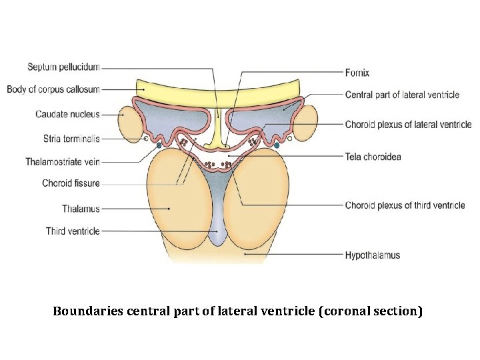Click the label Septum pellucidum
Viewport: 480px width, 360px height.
point(63,67)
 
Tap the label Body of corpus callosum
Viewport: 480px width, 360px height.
point(53,89)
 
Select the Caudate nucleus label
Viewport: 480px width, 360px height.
point(67,114)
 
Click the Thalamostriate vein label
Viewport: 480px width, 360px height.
point(63,162)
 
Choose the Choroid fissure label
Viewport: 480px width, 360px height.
point(71,183)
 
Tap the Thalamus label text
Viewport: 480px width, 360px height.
point(81,209)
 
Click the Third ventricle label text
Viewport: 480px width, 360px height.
point(73,231)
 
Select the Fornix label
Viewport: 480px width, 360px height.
point(357,73)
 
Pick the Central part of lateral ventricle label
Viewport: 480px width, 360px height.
point(402,95)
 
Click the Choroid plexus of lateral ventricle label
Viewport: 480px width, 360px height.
point(408,125)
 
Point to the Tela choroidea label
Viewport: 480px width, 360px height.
point(373,157)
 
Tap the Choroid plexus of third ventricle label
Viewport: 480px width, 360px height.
point(405,205)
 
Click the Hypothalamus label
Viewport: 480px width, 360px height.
point(373,255)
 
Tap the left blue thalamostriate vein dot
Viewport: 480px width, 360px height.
point(159,145)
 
